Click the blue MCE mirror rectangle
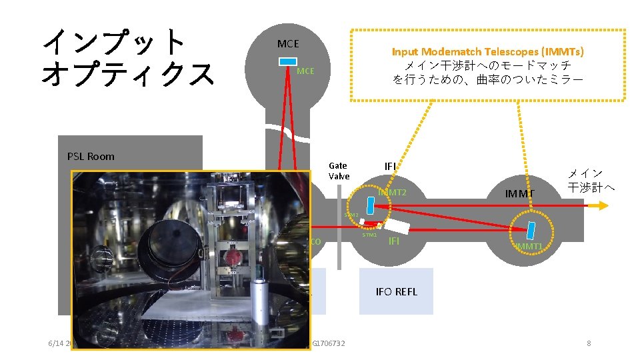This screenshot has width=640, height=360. [x=288, y=61]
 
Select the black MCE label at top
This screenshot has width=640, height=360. [x=288, y=44]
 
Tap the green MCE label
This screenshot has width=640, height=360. [x=305, y=71]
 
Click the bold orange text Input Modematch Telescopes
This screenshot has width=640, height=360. [x=488, y=51]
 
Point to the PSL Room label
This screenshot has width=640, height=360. [x=91, y=157]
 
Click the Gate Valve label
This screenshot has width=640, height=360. [x=339, y=171]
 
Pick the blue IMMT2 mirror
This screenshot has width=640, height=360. [x=371, y=205]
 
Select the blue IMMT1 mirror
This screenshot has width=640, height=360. [x=531, y=231]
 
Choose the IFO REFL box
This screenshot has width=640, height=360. [x=396, y=291]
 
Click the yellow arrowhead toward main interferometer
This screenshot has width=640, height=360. [x=603, y=205]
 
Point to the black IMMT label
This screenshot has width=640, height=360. [x=521, y=194]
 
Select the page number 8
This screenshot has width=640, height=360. [x=589, y=343]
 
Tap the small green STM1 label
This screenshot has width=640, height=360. [x=369, y=235]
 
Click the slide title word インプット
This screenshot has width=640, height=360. [x=114, y=41]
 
